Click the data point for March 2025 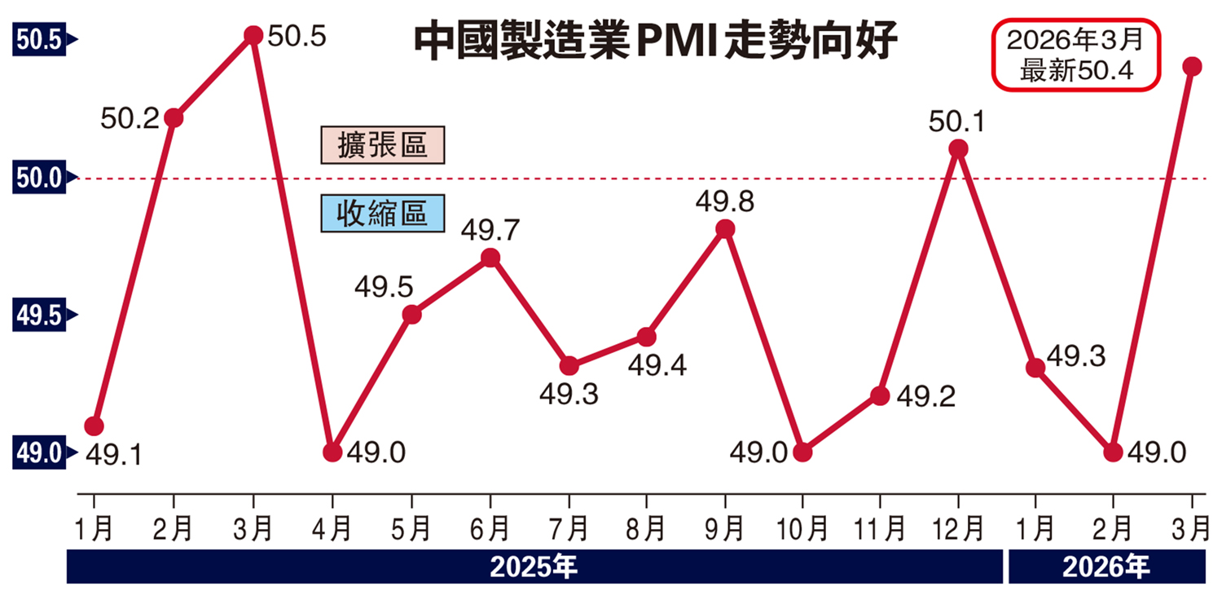tap(253, 35)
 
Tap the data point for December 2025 tap(959, 149)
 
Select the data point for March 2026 tap(1193, 66)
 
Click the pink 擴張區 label tap(382, 145)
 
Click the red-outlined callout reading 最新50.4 tap(1075, 55)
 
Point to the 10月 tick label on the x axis tap(802, 530)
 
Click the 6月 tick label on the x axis tap(490, 530)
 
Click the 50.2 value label tap(130, 119)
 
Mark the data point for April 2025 tap(332, 452)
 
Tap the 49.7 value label tap(490, 230)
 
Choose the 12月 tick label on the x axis tap(959, 530)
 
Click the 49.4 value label tap(657, 365)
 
